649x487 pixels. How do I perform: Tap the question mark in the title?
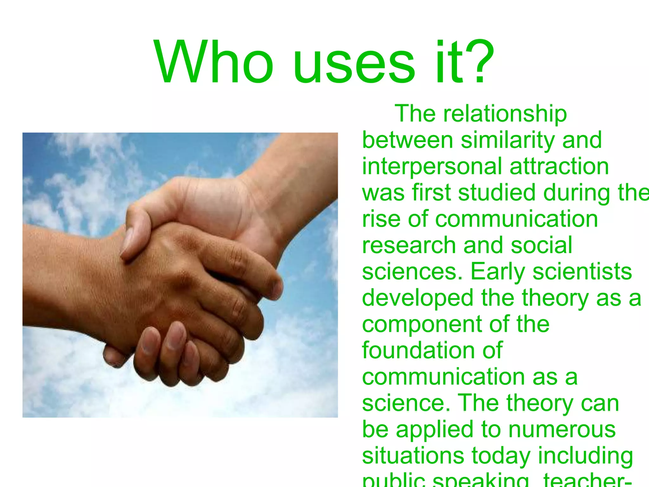(x=479, y=62)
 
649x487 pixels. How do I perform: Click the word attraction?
(x=559, y=166)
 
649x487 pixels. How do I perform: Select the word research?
(x=409, y=245)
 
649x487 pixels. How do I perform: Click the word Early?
(x=498, y=272)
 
